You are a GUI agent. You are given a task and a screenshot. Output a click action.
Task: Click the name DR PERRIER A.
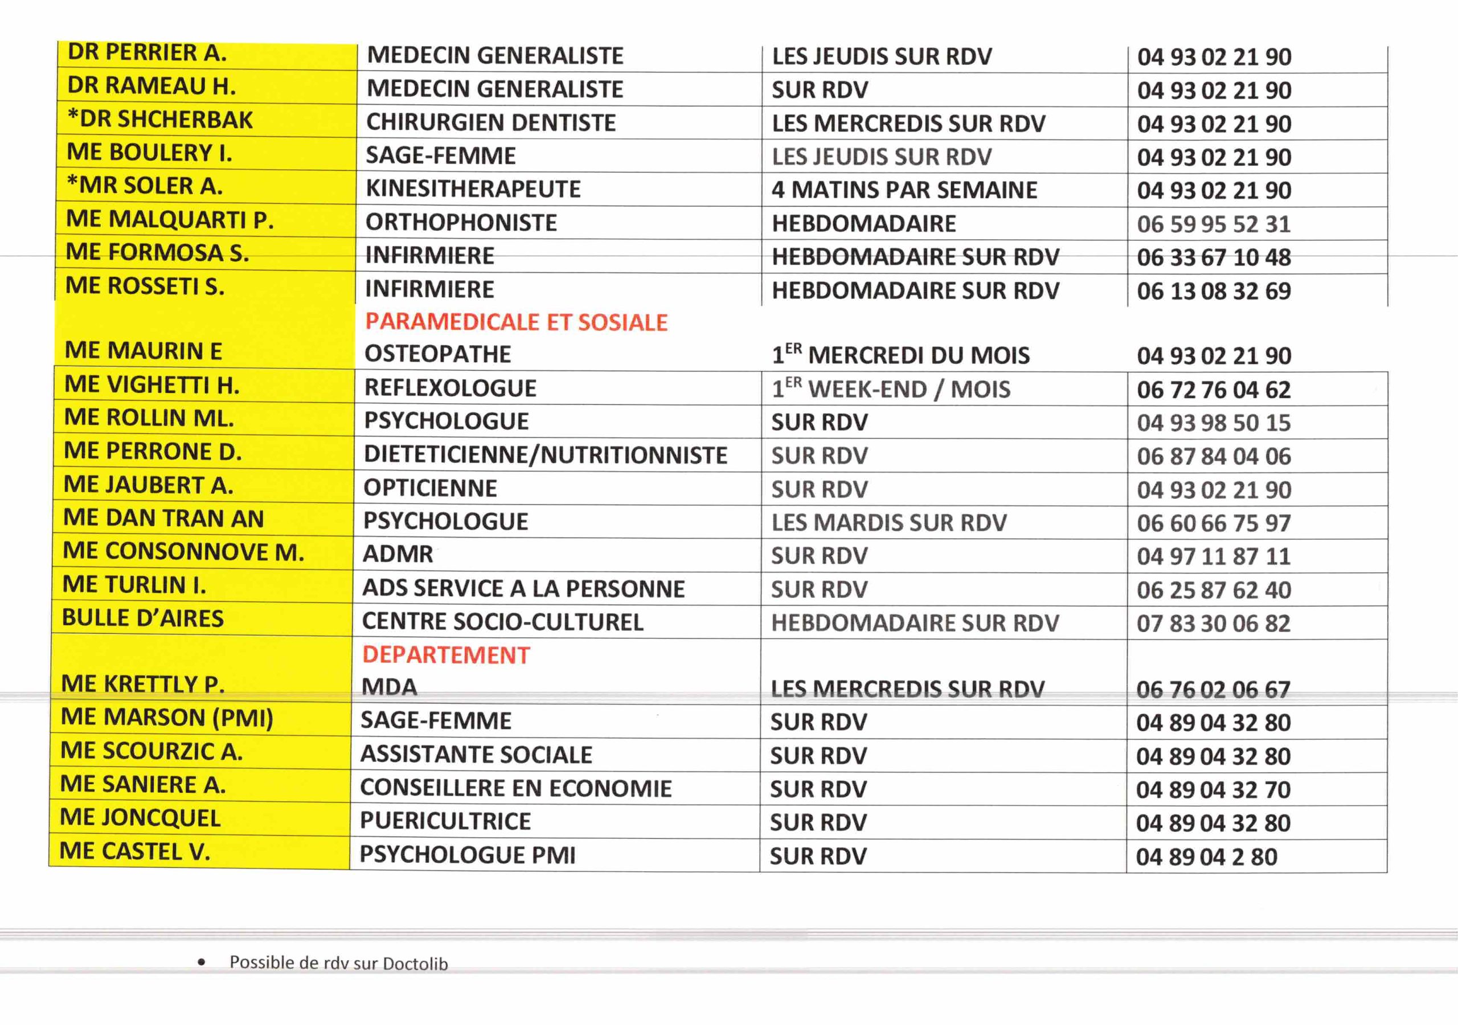(x=147, y=53)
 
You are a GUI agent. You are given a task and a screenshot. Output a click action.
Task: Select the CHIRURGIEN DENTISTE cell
(x=491, y=122)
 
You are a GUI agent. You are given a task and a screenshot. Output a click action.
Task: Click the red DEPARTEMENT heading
(x=446, y=655)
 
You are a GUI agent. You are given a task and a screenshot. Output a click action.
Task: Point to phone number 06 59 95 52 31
(x=1214, y=224)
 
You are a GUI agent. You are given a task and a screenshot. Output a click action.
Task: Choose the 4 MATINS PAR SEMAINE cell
(x=904, y=190)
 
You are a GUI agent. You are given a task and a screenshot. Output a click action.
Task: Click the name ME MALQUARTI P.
(x=170, y=219)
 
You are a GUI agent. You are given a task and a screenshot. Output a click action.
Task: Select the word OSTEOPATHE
(x=437, y=354)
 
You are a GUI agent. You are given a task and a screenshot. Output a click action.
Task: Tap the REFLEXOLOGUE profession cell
(x=450, y=388)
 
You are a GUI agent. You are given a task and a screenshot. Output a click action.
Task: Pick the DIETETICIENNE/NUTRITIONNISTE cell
(x=546, y=455)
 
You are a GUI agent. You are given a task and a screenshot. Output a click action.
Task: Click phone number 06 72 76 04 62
(x=1214, y=389)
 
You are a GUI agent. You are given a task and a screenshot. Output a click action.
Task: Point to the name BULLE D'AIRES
(x=143, y=618)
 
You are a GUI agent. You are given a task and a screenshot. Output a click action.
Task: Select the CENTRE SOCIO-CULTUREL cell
(x=502, y=622)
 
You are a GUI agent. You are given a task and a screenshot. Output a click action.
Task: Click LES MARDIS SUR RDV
(x=889, y=523)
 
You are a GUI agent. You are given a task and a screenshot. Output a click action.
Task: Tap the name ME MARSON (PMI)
(x=167, y=717)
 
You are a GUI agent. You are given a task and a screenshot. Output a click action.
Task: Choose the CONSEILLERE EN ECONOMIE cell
(x=515, y=788)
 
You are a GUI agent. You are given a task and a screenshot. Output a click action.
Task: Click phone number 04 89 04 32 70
(x=1213, y=789)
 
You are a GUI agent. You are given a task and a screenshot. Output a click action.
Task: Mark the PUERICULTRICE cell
(x=445, y=821)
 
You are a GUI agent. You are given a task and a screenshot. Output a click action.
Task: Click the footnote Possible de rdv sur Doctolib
(x=338, y=963)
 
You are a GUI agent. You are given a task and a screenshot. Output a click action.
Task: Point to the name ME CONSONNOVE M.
(x=183, y=552)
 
